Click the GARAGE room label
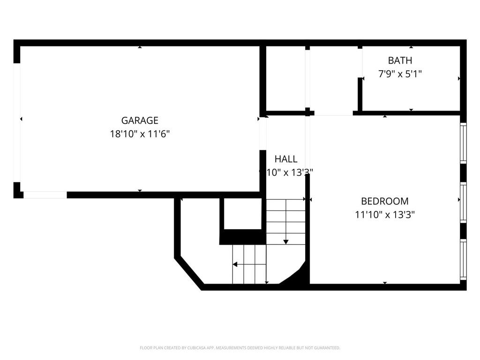pos(140,120)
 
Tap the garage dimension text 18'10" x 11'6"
pos(140,134)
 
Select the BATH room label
pos(400,60)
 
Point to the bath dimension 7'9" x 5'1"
pos(400,74)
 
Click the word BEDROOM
pos(384,201)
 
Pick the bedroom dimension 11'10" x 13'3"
pos(384,215)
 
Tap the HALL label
pos(286,159)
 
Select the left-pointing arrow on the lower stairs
pos(235,264)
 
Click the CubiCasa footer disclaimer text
pos(240,348)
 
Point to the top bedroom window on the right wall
pos(463,142)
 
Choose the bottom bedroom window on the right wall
pos(463,259)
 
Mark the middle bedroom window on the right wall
pos(463,202)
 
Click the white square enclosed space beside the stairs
pos(242,213)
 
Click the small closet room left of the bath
pos(285,78)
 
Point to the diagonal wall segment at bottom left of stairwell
pos(189,271)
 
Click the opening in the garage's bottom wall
pos(45,195)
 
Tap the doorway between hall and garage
pos(262,134)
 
